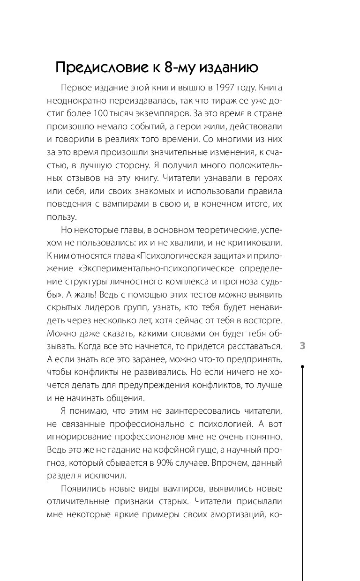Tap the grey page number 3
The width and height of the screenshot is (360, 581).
(x=302, y=346)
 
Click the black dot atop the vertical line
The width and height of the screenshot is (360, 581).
(x=302, y=367)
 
